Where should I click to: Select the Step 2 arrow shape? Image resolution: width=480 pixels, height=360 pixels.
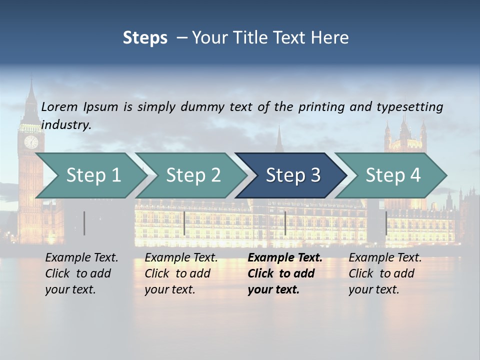click(x=192, y=175)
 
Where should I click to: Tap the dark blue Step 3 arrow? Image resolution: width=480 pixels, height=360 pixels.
click(x=292, y=175)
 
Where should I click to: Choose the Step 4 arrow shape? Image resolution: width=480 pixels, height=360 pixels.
click(x=392, y=175)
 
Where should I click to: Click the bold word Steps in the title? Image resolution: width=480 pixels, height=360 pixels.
click(x=145, y=38)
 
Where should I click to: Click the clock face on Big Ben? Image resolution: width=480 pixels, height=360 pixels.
click(x=31, y=142)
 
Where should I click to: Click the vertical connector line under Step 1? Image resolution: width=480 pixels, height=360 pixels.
click(x=84, y=223)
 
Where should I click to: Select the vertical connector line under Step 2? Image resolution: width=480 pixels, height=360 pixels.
click(x=184, y=223)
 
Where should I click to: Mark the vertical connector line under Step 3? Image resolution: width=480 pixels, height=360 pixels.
click(x=285, y=223)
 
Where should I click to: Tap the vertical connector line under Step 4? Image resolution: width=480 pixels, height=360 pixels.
click(x=386, y=223)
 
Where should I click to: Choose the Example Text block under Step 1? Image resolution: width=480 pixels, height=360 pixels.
click(x=81, y=273)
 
